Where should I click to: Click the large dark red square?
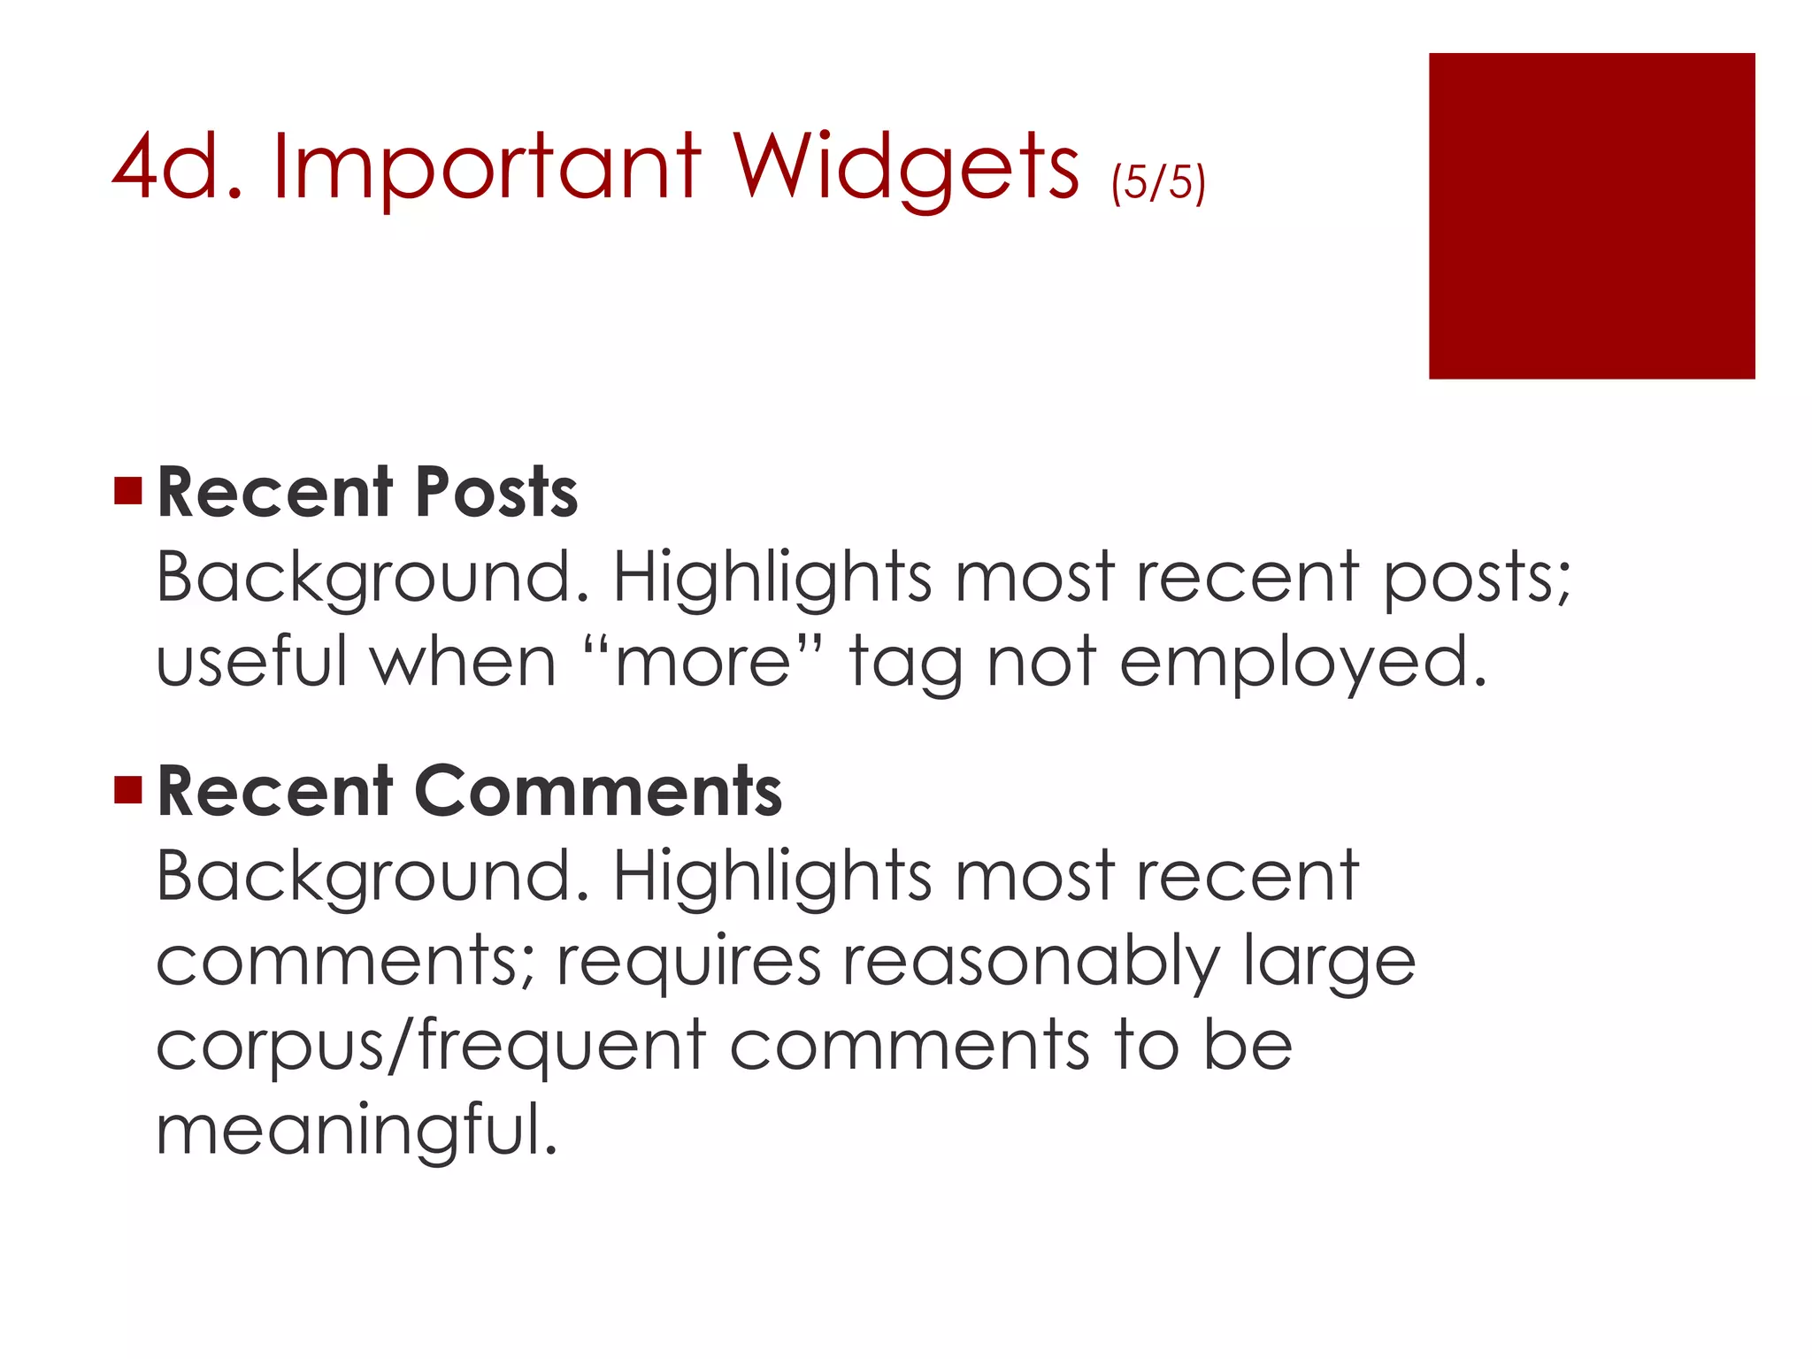click(x=1591, y=216)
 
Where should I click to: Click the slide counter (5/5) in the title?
click(x=1158, y=182)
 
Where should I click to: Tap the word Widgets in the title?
click(x=905, y=168)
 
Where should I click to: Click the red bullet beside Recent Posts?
click(x=128, y=490)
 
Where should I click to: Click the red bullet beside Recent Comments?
click(x=128, y=789)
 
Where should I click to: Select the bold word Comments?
click(x=597, y=791)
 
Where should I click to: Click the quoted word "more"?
click(x=703, y=662)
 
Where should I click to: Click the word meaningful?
click(x=357, y=1131)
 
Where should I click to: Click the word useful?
click(x=250, y=662)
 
